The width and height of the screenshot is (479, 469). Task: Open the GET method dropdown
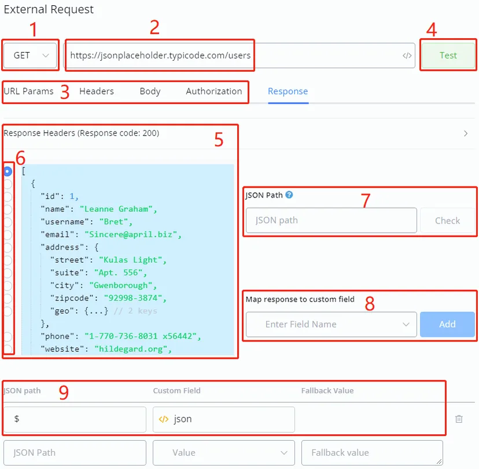point(30,55)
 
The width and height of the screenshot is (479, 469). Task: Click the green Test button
point(448,55)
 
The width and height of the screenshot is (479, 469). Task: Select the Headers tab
point(97,91)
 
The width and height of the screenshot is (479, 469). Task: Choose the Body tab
point(150,91)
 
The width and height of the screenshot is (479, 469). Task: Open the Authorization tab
point(214,91)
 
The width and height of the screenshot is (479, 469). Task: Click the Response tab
point(288,91)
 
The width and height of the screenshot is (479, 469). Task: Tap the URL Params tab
point(28,91)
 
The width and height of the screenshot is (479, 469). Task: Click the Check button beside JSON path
point(447,221)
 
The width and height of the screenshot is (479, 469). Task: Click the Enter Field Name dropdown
point(331,324)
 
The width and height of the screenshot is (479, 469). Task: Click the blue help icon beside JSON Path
point(289,195)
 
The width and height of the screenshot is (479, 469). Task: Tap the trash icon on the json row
point(459,419)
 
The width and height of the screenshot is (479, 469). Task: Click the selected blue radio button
point(8,172)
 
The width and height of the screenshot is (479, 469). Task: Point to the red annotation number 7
point(366,200)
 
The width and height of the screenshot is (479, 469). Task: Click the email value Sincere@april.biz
point(131,234)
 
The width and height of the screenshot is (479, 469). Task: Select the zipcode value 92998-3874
point(133,298)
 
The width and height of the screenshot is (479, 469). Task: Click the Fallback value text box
point(372,452)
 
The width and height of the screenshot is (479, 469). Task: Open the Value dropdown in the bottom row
point(224,452)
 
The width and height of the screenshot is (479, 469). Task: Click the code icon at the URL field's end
point(407,55)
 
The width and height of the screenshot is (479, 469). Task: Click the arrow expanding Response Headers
point(466,133)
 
